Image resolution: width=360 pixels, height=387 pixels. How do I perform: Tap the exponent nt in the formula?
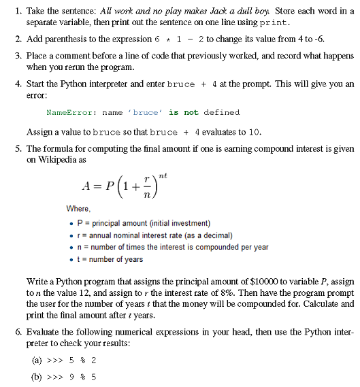pyautogui.click(x=163, y=175)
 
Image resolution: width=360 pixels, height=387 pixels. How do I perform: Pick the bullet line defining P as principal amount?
pyautogui.click(x=142, y=223)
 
